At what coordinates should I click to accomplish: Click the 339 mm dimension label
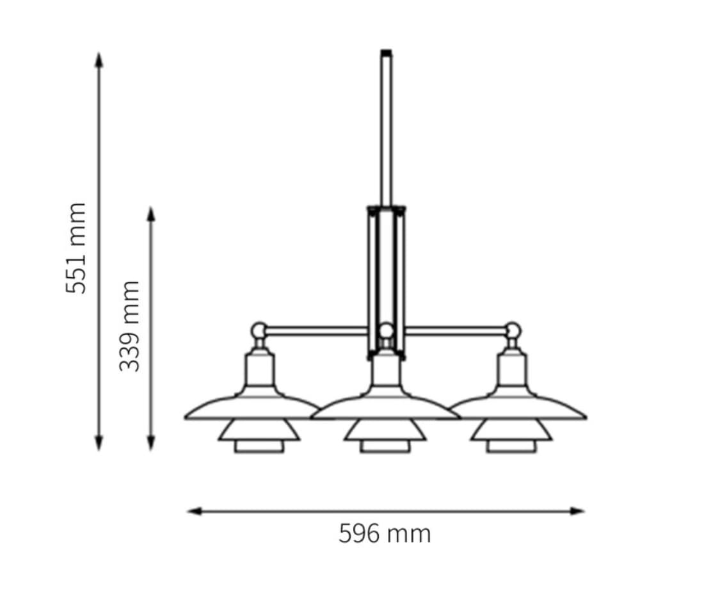(130, 325)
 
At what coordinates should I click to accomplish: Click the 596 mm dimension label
(385, 533)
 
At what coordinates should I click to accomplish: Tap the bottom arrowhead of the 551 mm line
(99, 443)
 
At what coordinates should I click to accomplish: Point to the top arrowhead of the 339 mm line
(151, 214)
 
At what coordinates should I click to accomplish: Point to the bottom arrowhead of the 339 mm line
(151, 443)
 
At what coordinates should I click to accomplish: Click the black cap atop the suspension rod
(386, 53)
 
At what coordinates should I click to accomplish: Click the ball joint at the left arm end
(259, 330)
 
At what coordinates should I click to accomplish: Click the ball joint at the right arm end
(513, 330)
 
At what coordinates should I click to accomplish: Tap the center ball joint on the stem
(386, 331)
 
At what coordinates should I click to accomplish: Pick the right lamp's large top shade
(518, 408)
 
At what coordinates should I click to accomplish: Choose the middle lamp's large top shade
(385, 408)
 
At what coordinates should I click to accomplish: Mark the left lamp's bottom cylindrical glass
(259, 446)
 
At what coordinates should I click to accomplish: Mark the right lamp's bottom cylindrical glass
(511, 446)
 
